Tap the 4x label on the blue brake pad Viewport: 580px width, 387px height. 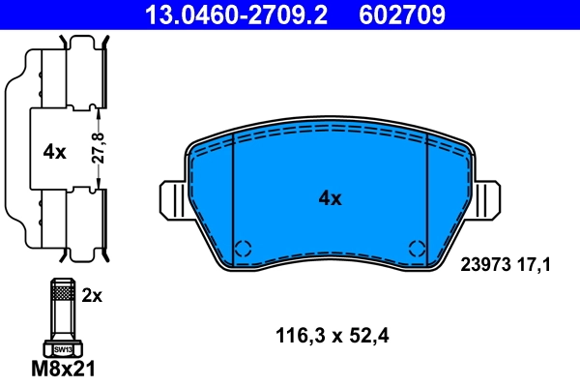[331, 199]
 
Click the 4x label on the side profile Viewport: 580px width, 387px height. [54, 151]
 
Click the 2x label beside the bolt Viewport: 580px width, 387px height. [92, 297]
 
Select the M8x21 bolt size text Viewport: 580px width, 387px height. [65, 369]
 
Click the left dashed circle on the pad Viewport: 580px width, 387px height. [244, 247]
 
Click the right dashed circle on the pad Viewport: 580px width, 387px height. [418, 247]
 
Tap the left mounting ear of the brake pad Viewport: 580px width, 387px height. [172, 200]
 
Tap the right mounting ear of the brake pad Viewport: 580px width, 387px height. [489, 200]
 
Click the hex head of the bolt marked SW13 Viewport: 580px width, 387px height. [61, 348]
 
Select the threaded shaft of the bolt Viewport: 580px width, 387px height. [61, 310]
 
